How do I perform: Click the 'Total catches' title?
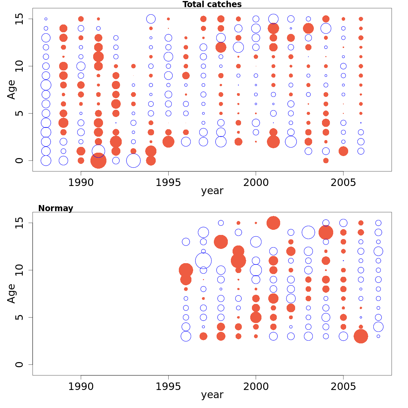[x=212, y=4]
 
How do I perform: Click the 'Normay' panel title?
[x=55, y=208]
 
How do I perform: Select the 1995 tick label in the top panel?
[x=168, y=183]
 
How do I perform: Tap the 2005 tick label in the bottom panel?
[x=343, y=387]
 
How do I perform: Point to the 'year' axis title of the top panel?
[x=212, y=191]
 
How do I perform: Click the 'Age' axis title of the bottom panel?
[x=12, y=293]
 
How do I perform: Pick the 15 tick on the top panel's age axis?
[x=19, y=19]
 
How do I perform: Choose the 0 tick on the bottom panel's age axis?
[x=19, y=364]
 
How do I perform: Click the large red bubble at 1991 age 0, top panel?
[x=99, y=160]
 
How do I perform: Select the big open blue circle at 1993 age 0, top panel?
[x=133, y=160]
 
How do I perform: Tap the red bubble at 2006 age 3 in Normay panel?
[x=361, y=336]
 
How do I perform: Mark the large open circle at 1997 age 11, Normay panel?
[x=203, y=261]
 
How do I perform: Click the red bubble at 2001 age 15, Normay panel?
[x=273, y=223]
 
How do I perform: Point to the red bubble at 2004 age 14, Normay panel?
[x=326, y=233]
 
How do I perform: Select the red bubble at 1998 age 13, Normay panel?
[x=221, y=242]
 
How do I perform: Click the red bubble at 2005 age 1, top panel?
[x=343, y=151]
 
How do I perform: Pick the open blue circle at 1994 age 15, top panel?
[x=151, y=19]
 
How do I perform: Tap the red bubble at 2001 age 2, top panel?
[x=273, y=141]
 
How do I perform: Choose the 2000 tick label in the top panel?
[x=256, y=183]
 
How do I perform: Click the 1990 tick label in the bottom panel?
[x=81, y=387]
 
